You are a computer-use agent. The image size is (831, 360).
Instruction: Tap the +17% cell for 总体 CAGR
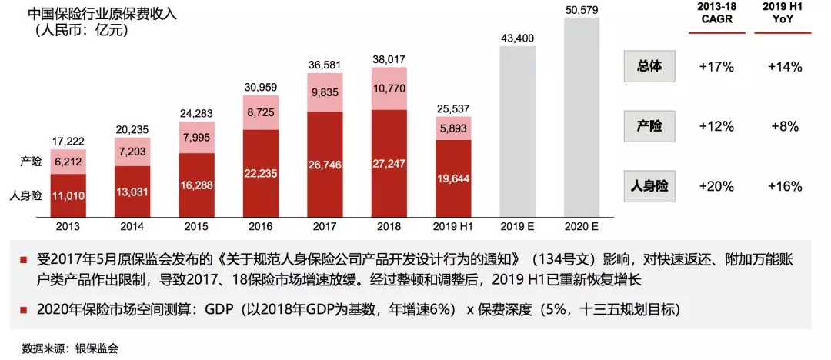pos(716,67)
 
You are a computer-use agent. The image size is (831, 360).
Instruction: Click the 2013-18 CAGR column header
pos(716,12)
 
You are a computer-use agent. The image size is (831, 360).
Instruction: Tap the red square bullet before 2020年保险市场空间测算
pos(25,310)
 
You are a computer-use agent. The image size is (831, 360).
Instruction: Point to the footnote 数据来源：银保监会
pos(71,348)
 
